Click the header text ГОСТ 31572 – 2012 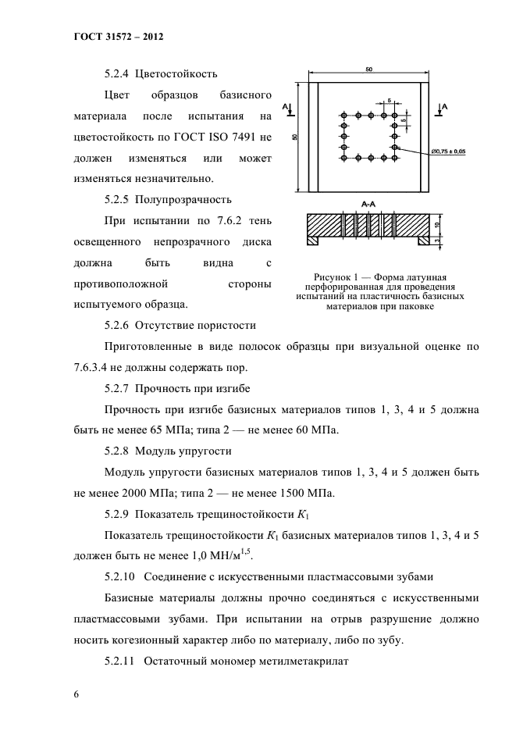(118, 37)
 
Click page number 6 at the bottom (77, 694)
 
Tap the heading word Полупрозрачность (185, 199)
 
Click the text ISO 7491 (233, 137)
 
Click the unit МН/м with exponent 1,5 (234, 556)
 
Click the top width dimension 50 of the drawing (368, 70)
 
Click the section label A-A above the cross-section (369, 203)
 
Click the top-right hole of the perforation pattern (395, 116)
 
